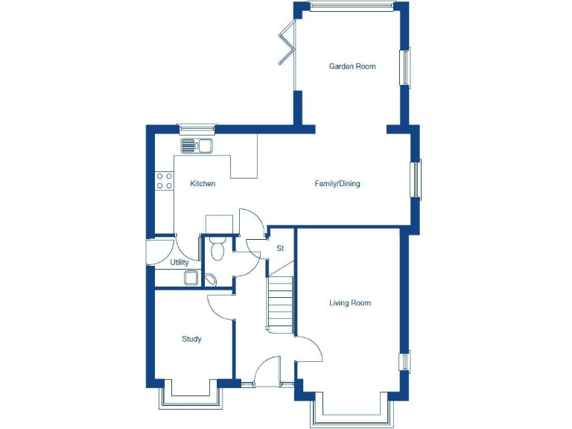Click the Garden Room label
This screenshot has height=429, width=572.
[x=352, y=66]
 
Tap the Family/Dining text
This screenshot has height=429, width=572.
[x=337, y=183]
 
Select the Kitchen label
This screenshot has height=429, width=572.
[x=203, y=183]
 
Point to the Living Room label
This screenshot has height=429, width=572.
[x=350, y=303]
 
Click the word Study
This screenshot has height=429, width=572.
[x=191, y=339]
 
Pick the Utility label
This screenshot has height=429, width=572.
[x=179, y=262]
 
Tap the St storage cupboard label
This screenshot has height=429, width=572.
[x=280, y=248]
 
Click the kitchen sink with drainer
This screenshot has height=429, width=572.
[x=197, y=145]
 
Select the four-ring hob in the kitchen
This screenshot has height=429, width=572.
[x=164, y=180]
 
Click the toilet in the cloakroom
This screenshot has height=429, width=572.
[x=217, y=247]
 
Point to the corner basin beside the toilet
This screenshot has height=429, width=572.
[x=211, y=279]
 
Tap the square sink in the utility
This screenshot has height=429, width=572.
[x=191, y=279]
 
